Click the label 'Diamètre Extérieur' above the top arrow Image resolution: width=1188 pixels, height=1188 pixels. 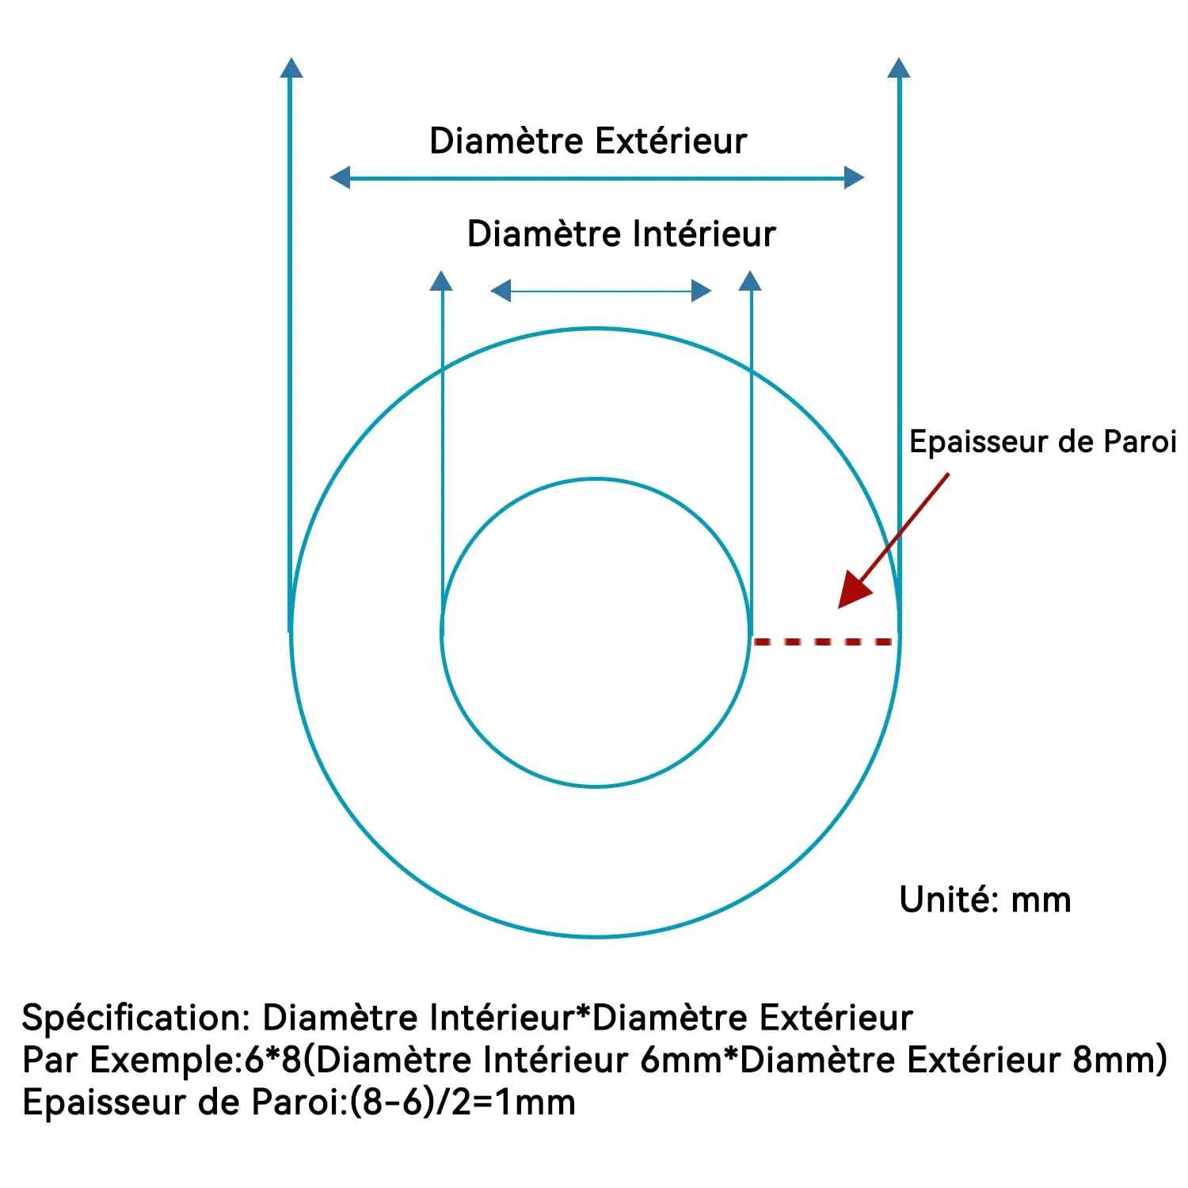tap(588, 141)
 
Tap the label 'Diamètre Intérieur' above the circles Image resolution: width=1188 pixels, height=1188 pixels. tap(621, 234)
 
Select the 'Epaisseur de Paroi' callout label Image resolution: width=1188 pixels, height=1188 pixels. tap(1042, 442)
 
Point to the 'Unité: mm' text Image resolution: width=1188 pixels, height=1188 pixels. tap(985, 900)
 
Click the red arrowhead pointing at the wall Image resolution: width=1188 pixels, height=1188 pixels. tap(854, 590)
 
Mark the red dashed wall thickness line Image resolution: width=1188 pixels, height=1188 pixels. tap(823, 642)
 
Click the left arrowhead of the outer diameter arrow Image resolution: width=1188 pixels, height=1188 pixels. tap(340, 177)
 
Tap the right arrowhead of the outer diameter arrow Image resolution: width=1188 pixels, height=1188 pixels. tap(854, 177)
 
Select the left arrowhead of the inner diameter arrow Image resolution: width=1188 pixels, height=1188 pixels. tap(501, 291)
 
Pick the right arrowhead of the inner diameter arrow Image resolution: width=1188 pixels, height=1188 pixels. tap(702, 291)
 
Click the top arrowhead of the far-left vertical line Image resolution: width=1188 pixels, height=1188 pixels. tap(291, 67)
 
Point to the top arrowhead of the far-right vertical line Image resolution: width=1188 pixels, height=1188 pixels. tap(899, 67)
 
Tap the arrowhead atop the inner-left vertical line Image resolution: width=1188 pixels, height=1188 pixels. tap(441, 280)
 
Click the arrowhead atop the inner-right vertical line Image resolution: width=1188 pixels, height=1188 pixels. tap(749, 280)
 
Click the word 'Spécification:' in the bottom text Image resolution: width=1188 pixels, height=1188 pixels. tap(136, 1018)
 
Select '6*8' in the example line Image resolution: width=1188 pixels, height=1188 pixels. tap(274, 1060)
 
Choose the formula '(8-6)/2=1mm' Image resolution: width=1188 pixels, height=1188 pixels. tap(463, 1102)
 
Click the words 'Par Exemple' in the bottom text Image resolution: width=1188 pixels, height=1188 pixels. tap(128, 1060)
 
